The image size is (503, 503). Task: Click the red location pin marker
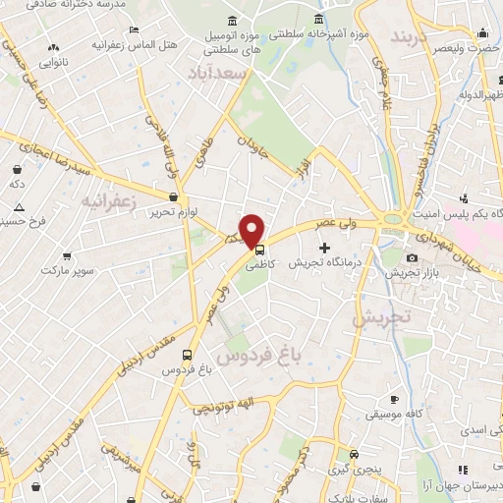click(x=252, y=229)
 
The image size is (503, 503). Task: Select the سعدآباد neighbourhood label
click(x=223, y=74)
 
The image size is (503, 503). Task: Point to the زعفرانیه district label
click(x=105, y=201)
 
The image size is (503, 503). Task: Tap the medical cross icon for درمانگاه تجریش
click(x=325, y=246)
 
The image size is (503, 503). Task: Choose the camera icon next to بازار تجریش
click(x=411, y=258)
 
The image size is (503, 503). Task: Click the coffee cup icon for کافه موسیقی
click(x=394, y=400)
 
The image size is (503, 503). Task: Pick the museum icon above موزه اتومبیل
click(x=231, y=22)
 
